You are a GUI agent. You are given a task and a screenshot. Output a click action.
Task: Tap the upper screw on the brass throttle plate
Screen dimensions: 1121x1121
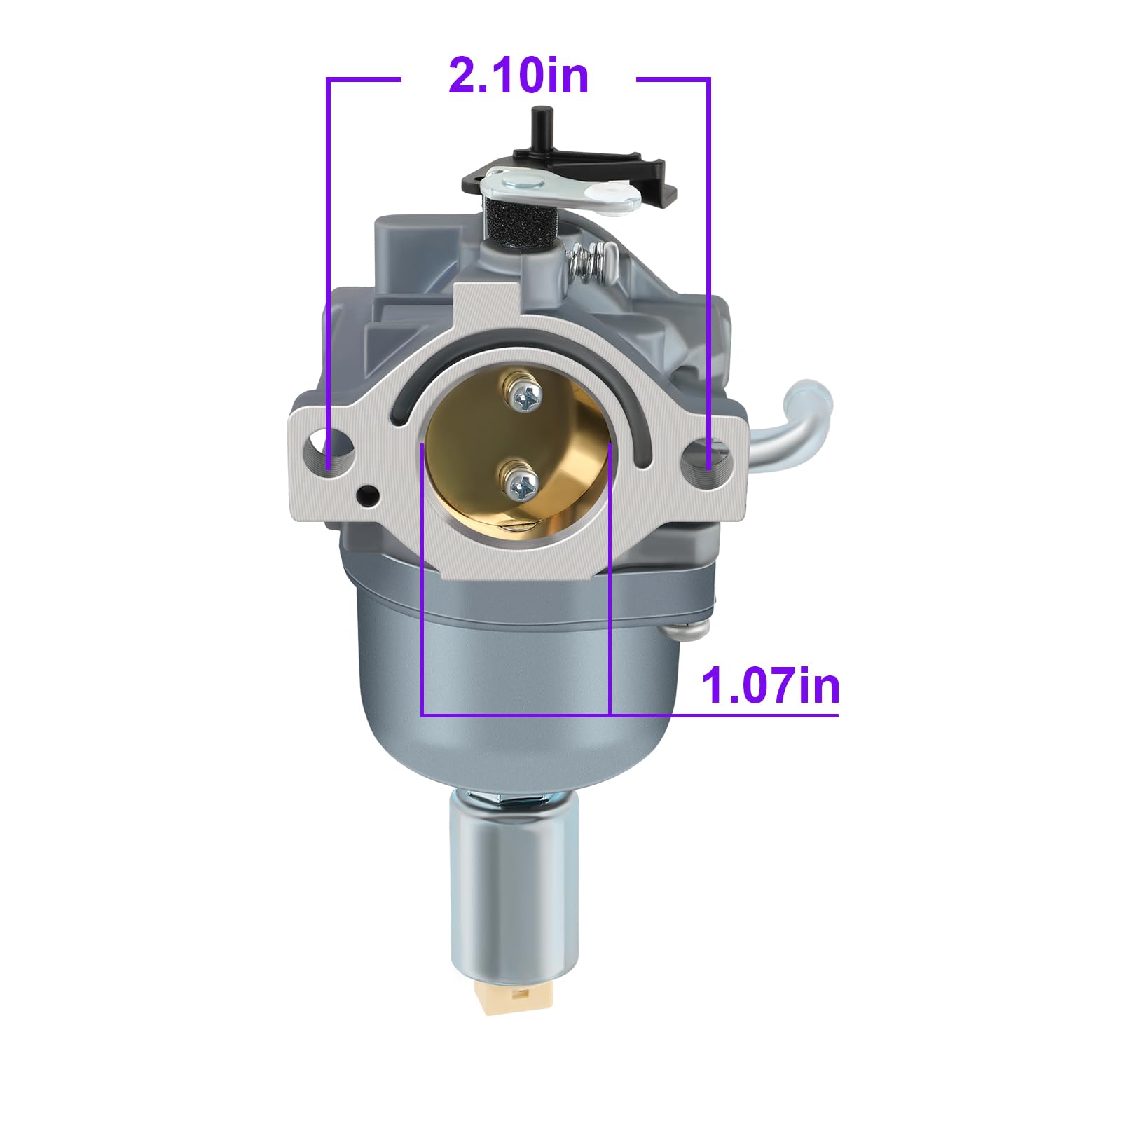click(x=522, y=398)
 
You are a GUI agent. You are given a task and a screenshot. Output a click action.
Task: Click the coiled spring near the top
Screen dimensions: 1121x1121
click(x=592, y=263)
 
